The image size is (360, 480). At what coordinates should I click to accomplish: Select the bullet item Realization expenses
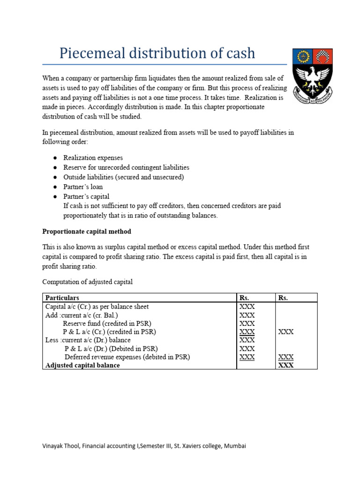(x=93, y=158)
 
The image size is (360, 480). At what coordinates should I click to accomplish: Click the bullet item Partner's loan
(x=83, y=187)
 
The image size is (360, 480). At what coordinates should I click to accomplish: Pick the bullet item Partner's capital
(x=86, y=196)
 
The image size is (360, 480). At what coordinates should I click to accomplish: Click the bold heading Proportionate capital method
(x=87, y=232)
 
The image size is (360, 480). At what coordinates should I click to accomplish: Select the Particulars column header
(x=62, y=298)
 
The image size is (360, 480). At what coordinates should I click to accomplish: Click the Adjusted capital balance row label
(x=82, y=365)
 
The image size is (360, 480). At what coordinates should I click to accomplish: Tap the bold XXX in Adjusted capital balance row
(x=286, y=365)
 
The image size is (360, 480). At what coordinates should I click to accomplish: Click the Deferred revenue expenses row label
(x=127, y=357)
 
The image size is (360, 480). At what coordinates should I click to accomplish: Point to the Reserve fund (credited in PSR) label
(x=107, y=323)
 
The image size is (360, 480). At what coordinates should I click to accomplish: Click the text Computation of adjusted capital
(x=88, y=282)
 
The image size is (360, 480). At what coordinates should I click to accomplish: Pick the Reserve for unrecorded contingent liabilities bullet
(x=126, y=167)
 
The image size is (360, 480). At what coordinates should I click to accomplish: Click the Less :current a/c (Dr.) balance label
(x=88, y=340)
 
